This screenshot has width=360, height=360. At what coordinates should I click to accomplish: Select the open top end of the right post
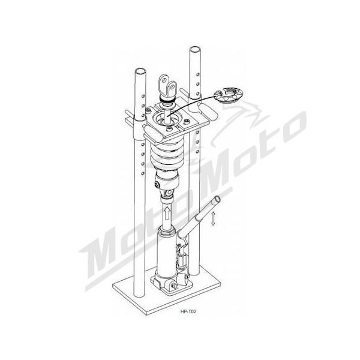click(196, 49)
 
